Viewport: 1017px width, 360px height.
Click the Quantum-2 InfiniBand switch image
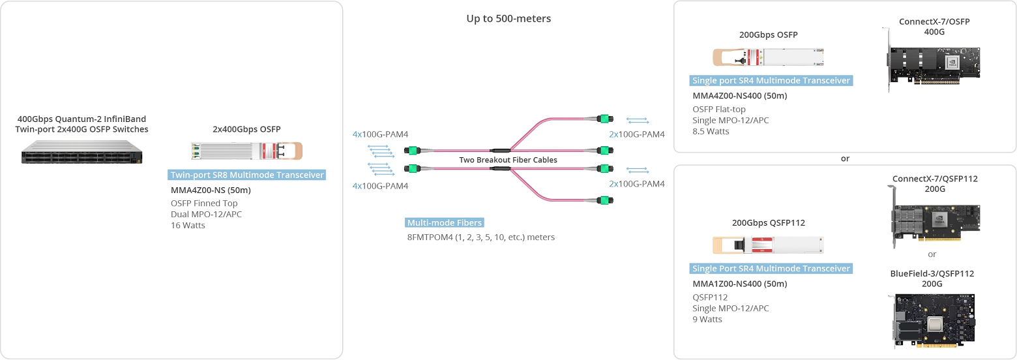[x=81, y=155]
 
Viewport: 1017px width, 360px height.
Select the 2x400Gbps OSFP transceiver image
[x=246, y=151]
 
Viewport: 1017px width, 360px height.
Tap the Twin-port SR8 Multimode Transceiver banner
[x=246, y=175]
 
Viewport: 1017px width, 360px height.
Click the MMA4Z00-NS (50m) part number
[x=211, y=190]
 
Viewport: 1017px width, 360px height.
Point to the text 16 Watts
[x=188, y=226]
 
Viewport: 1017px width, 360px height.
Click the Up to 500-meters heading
[x=508, y=18]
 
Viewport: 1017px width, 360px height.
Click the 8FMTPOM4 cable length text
[x=480, y=237]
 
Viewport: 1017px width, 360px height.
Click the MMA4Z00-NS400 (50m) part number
[x=739, y=96]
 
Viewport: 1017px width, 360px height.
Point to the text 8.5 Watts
[x=711, y=131]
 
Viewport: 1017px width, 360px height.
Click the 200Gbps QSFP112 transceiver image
[x=768, y=245]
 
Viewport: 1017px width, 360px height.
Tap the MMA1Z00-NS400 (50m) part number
[x=739, y=284]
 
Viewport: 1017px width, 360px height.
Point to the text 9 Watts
[x=707, y=319]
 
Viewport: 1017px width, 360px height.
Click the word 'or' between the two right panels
[x=846, y=158]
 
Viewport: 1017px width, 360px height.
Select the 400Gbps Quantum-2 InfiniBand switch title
[x=81, y=124]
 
